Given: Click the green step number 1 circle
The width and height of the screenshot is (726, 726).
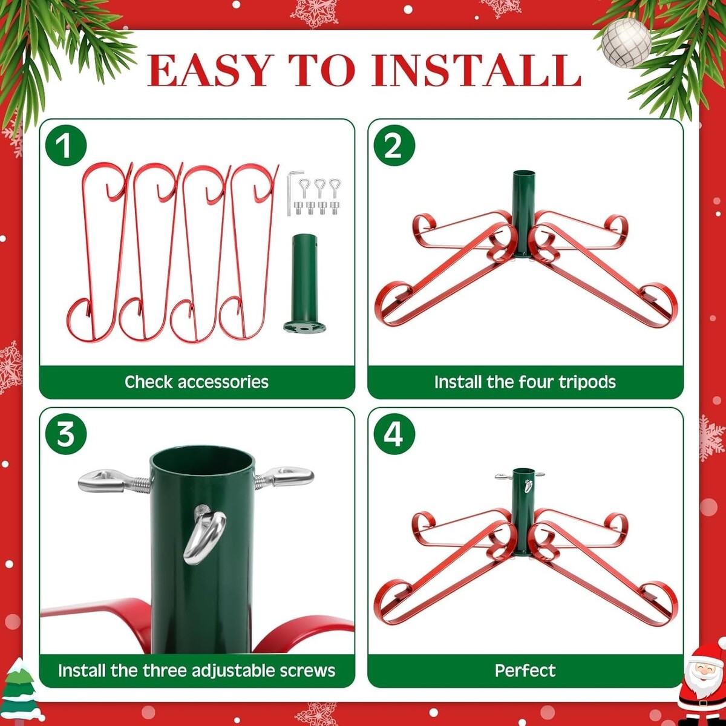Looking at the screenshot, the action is [66, 146].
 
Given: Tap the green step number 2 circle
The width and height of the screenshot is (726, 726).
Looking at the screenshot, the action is [394, 146].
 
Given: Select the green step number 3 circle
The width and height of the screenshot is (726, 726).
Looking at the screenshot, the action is [66, 434].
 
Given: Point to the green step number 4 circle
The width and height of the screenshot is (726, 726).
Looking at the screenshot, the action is [394, 434].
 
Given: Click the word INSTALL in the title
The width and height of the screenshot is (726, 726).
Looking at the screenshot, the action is [476, 71].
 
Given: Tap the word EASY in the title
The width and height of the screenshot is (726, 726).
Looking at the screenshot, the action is [208, 71].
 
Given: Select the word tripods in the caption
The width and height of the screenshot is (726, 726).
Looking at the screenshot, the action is [587, 382].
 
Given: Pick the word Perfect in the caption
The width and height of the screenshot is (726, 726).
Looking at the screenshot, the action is [525, 670].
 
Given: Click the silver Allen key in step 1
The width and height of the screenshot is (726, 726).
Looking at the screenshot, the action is [292, 193].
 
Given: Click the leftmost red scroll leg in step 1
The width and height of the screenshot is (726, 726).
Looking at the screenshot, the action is [97, 252].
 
